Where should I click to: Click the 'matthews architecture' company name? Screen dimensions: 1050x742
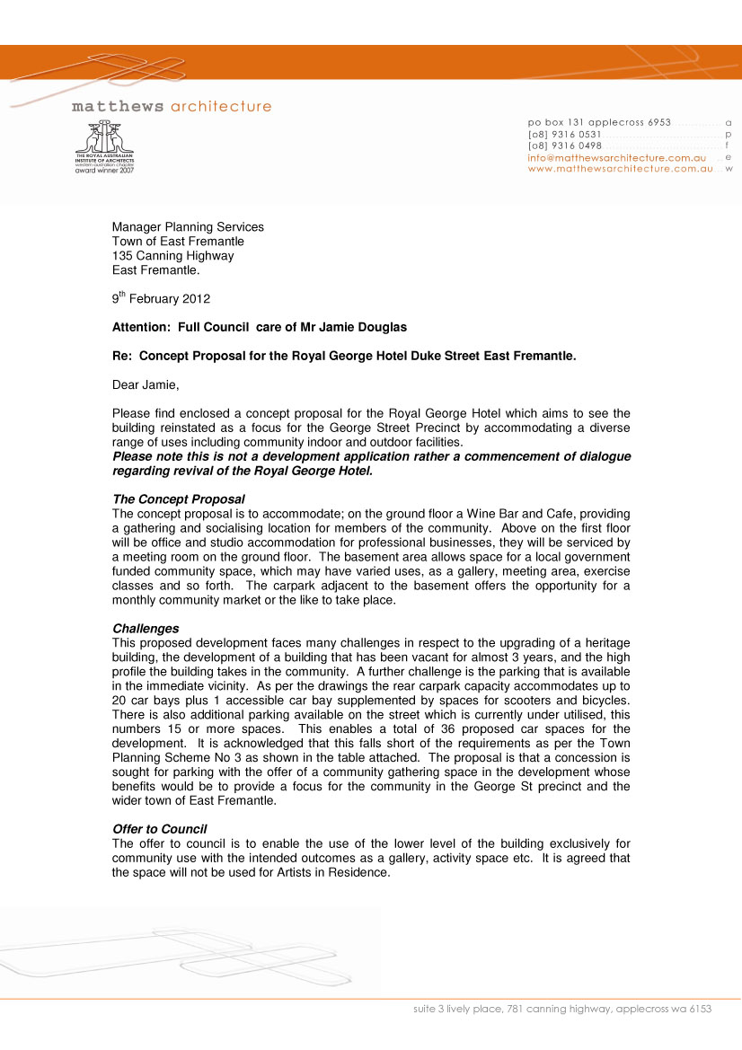tap(172, 107)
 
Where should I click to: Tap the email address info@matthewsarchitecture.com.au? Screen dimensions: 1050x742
tap(617, 157)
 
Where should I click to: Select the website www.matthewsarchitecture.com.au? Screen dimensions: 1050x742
tap(621, 168)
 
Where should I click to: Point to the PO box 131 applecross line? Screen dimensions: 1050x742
tap(599, 122)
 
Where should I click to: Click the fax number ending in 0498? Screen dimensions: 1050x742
tap(565, 146)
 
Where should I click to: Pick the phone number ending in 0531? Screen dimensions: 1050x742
tap(565, 134)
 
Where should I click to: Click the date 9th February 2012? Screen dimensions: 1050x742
tap(161, 299)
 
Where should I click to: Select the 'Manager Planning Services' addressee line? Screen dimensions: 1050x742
tap(188, 227)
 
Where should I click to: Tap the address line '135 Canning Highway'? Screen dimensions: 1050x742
tap(172, 256)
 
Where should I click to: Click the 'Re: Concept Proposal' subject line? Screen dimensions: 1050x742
tap(343, 357)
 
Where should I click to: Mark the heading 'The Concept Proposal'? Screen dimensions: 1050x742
tap(178, 499)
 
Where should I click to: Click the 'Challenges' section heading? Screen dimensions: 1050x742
tap(146, 629)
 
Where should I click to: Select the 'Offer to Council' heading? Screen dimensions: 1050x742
tap(159, 829)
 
